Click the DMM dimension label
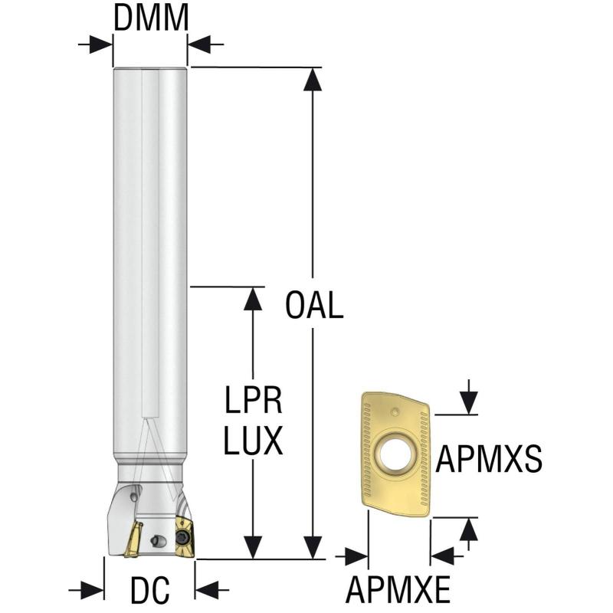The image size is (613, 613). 151,18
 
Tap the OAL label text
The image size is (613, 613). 313,306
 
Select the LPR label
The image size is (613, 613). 254,401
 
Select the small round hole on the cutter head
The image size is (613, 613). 158,541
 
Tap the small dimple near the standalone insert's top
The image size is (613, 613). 394,411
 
